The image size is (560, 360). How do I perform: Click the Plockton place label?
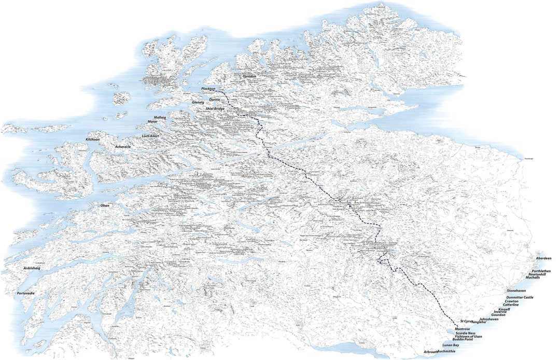tap(208, 89)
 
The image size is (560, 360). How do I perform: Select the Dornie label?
tap(215, 99)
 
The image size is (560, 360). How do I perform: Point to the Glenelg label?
tap(198, 103)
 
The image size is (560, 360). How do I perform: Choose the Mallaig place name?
tap(160, 118)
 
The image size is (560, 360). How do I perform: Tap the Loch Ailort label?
tap(150, 136)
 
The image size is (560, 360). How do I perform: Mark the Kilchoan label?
tap(93, 140)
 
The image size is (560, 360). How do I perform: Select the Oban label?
tap(105, 205)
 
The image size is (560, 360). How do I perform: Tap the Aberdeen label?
tap(543, 258)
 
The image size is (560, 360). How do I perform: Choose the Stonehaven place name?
tap(518, 291)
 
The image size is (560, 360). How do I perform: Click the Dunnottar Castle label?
tap(520, 297)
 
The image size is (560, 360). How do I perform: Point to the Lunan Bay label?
tap(450, 345)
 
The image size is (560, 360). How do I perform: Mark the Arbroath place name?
tap(430, 352)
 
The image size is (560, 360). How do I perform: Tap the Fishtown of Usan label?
tap(468, 336)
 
